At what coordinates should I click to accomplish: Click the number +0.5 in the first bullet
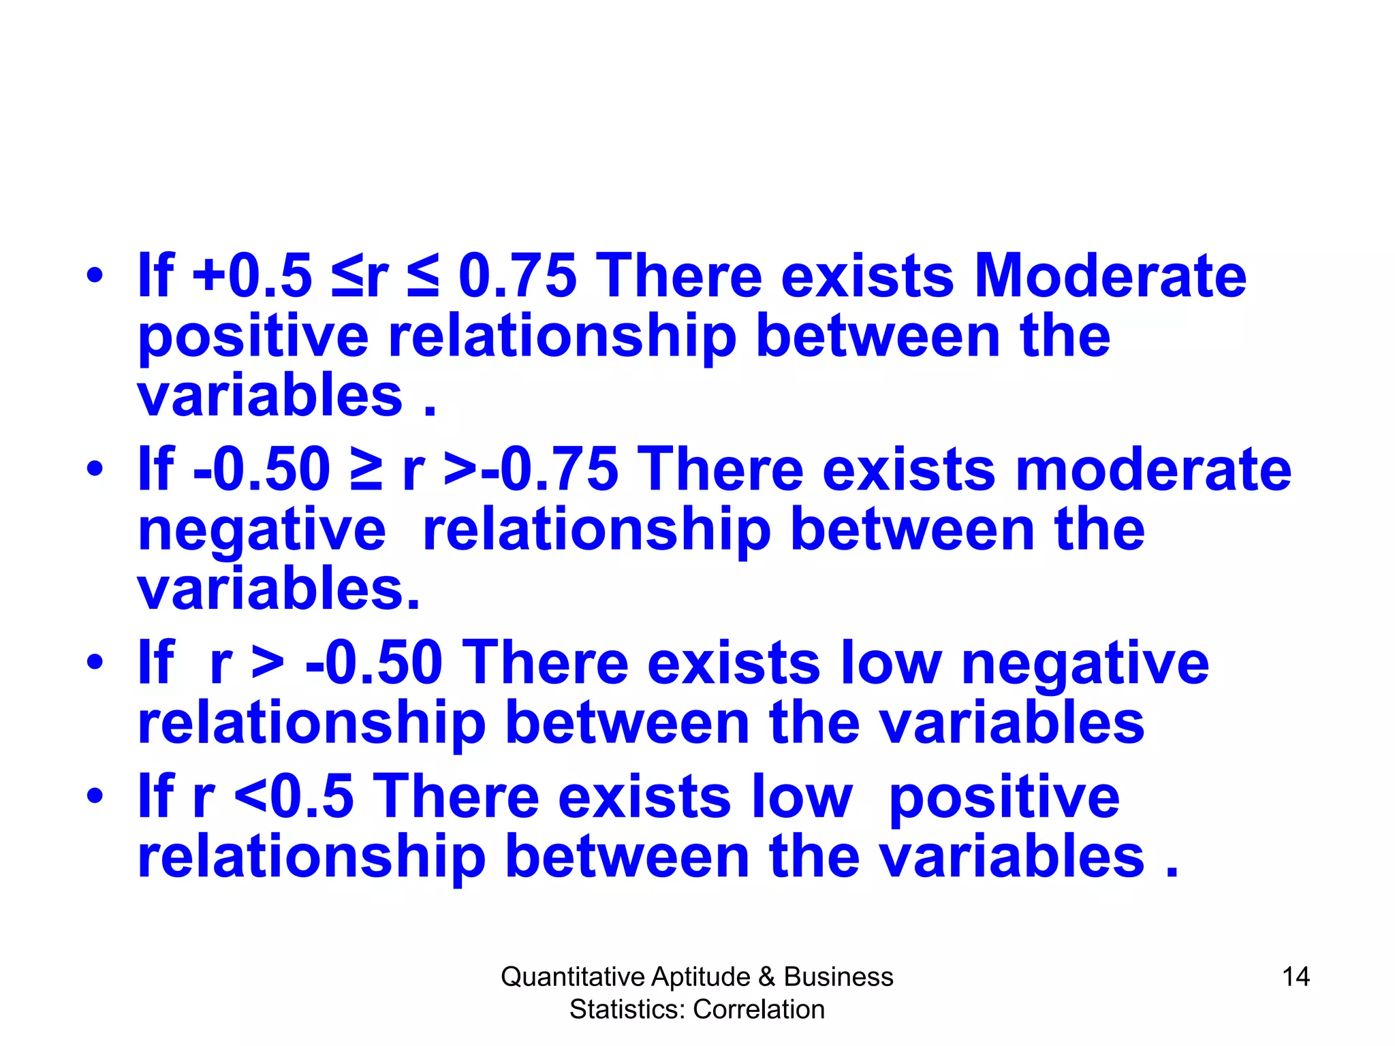[x=253, y=276]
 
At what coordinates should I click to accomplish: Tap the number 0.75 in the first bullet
[x=518, y=276]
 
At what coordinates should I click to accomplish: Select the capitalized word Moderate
[x=1110, y=276]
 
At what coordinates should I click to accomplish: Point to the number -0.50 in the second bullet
[x=262, y=469]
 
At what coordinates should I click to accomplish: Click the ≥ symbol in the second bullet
[x=366, y=469]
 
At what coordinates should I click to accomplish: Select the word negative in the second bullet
[x=262, y=532]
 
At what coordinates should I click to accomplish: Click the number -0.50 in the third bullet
[x=375, y=663]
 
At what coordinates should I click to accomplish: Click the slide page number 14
[x=1296, y=977]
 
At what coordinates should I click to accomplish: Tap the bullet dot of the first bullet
[x=95, y=276]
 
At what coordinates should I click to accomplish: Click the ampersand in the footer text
[x=766, y=977]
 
